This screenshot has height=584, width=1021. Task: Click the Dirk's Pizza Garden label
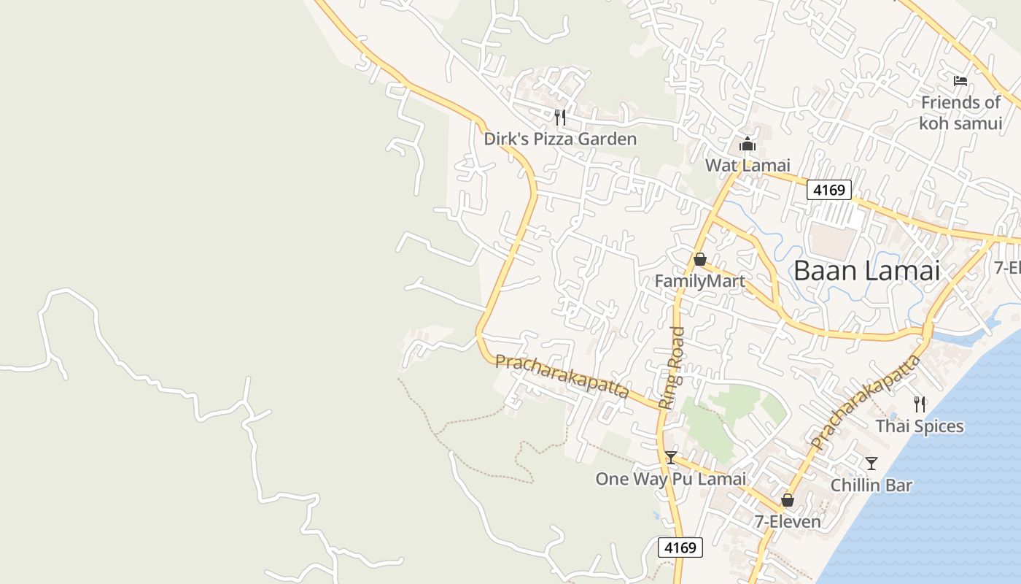click(x=560, y=139)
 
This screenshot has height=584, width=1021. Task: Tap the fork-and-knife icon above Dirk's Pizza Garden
click(x=560, y=117)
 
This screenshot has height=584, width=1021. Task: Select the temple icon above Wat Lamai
click(x=748, y=144)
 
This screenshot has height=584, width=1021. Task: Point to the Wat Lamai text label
click(x=748, y=166)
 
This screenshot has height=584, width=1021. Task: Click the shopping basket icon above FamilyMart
click(x=699, y=259)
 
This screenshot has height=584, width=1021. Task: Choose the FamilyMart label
click(x=699, y=281)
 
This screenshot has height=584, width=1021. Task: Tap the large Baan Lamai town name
click(x=866, y=271)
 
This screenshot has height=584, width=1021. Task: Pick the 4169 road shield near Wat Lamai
click(x=829, y=191)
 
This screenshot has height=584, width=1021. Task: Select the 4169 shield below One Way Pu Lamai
click(x=680, y=547)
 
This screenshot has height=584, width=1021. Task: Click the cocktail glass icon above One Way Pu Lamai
click(x=671, y=458)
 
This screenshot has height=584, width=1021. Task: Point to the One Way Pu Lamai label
click(x=671, y=479)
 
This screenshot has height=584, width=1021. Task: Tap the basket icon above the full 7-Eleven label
click(x=788, y=500)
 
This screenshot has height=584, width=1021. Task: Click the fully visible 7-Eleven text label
click(x=788, y=522)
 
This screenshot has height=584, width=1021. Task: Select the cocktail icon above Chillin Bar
click(x=871, y=463)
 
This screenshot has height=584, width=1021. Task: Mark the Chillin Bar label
click(x=871, y=485)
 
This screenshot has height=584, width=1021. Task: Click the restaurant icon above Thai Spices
click(x=920, y=404)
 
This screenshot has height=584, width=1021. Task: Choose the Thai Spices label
click(x=920, y=426)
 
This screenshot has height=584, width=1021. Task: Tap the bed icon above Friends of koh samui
click(x=960, y=80)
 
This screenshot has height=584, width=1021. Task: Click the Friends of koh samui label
click(x=960, y=113)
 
